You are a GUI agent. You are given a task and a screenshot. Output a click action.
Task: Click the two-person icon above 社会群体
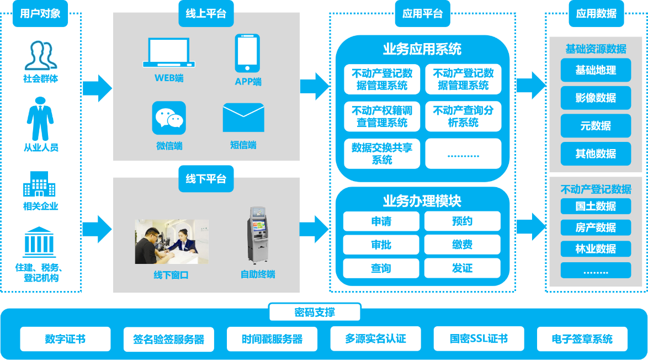click(x=40, y=55)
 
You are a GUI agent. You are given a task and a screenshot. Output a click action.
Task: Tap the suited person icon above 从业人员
click(x=40, y=119)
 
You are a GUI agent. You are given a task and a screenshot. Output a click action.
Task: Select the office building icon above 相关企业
click(x=39, y=184)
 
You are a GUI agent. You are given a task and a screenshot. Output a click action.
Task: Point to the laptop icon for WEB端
click(x=169, y=53)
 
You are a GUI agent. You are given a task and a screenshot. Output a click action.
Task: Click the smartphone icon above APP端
click(x=247, y=53)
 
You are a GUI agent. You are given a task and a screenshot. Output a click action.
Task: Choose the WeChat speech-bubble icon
click(x=169, y=118)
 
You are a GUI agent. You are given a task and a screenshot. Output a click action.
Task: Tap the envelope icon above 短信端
click(x=243, y=118)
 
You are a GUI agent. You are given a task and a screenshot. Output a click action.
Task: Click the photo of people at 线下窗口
click(x=172, y=242)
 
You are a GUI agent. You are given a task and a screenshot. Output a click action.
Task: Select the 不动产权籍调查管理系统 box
click(x=381, y=117)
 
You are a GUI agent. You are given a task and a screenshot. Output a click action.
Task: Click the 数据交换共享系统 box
click(x=381, y=153)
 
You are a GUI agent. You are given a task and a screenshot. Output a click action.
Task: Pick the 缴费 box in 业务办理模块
click(x=462, y=245)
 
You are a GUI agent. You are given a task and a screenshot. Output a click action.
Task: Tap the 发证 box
click(x=462, y=268)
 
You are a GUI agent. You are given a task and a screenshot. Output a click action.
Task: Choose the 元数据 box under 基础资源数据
click(x=596, y=126)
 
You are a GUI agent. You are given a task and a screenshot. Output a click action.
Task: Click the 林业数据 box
click(x=596, y=249)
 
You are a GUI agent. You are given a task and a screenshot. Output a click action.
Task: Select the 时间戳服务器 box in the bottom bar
click(x=272, y=339)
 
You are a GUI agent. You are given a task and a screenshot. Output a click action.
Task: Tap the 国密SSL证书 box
click(x=479, y=339)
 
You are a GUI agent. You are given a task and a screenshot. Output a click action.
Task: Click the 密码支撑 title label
click(x=315, y=313)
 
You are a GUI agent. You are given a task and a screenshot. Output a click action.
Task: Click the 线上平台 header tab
click(x=206, y=14)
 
